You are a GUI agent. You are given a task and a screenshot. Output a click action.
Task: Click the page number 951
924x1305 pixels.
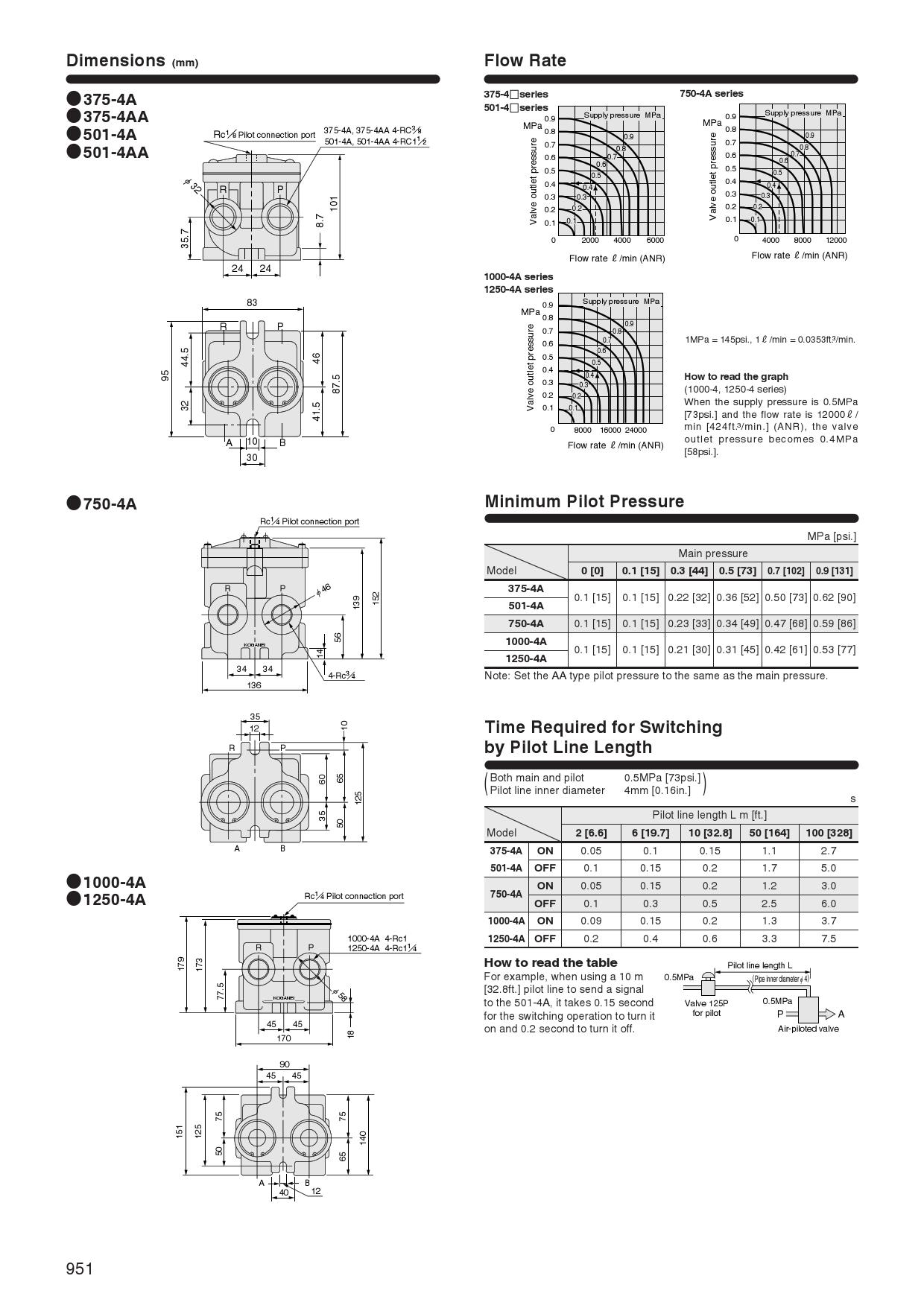point(80,1269)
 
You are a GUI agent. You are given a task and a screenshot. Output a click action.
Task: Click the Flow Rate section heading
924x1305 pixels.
point(525,60)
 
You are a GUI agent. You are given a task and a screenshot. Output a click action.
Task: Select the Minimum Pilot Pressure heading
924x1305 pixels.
point(583,501)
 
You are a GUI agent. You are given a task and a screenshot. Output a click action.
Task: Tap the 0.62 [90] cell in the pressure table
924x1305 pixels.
point(834,597)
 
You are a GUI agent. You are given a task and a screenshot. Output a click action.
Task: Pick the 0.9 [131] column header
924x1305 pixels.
point(834,571)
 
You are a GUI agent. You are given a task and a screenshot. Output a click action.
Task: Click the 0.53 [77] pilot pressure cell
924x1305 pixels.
point(834,650)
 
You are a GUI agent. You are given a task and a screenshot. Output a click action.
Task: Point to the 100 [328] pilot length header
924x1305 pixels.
point(828,833)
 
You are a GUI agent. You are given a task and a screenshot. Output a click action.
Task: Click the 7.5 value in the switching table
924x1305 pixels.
point(828,939)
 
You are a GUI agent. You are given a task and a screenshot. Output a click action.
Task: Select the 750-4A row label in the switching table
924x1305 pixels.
point(505,894)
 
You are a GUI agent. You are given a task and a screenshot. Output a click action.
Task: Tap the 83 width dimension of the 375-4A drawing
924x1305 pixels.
point(252,302)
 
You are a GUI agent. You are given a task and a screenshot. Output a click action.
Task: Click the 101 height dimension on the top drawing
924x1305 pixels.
point(334,203)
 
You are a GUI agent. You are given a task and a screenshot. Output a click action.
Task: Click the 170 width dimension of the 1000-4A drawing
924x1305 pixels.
point(284,1038)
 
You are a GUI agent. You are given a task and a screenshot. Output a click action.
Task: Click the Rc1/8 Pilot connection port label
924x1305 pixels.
point(264,135)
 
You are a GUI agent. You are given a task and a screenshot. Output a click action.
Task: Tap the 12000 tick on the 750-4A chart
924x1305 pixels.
point(836,240)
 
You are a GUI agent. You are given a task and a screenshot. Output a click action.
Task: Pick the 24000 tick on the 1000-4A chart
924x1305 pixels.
point(636,430)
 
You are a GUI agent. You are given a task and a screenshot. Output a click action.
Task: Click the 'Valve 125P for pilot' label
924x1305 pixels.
point(706,1008)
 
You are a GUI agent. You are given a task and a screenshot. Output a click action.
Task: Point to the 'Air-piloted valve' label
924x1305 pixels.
point(808,1029)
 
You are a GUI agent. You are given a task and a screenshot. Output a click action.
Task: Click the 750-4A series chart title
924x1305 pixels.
point(711,94)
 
